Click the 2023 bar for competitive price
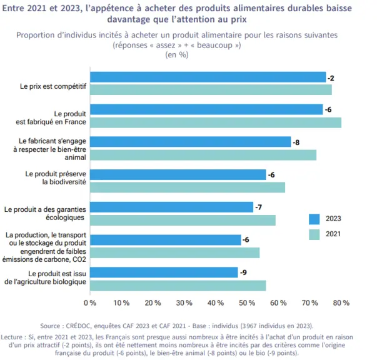click(208, 77)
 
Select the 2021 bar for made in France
click(216, 122)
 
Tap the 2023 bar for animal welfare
click(191, 142)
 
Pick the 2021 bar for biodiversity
click(188, 187)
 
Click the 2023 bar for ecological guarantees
click(172, 207)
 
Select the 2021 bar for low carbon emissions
click(175, 253)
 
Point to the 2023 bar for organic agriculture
click(164, 272)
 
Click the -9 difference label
click(243, 272)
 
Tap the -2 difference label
click(331, 78)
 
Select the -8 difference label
click(296, 142)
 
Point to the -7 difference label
click(258, 207)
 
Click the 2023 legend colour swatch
click(314, 219)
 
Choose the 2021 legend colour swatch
click(314, 234)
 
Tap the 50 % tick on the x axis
click(247, 302)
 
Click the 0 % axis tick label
click(90, 302)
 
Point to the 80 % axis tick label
click(341, 302)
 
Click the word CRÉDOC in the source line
click(79, 326)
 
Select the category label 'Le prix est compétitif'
click(53, 86)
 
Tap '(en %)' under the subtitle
click(177, 55)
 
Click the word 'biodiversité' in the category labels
click(64, 182)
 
